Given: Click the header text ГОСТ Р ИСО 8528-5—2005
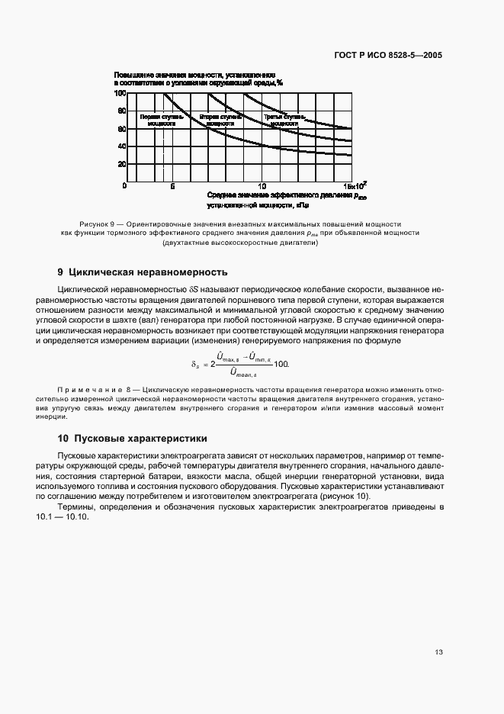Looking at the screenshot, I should tap(387, 55).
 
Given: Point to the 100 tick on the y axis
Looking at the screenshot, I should tap(120, 93).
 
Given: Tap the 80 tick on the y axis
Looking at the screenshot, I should tap(121, 111).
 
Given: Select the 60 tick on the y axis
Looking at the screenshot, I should tap(121, 129).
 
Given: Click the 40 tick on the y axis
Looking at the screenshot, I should tap(121, 146).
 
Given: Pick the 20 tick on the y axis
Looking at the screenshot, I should tap(121, 164).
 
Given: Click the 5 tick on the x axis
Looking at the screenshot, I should tap(172, 186).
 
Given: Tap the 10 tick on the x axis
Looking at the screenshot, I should tap(262, 186).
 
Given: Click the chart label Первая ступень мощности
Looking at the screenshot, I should tap(159, 120).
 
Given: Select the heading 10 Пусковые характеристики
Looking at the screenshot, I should tap(133, 439).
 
